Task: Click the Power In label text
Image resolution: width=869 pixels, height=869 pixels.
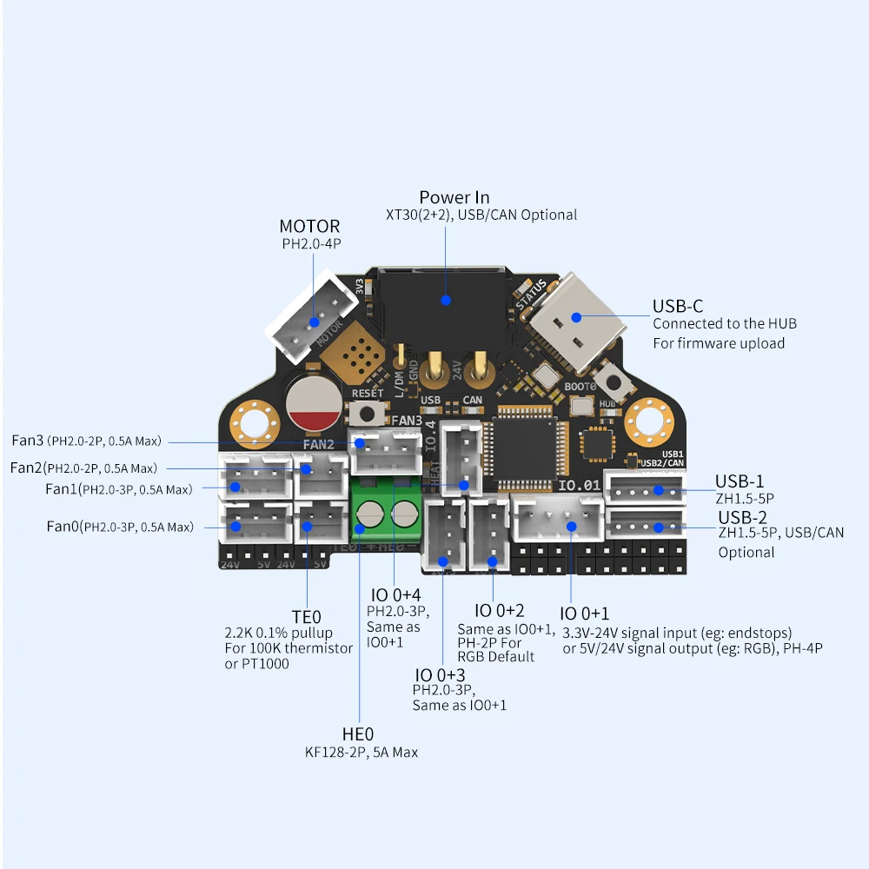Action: click(454, 197)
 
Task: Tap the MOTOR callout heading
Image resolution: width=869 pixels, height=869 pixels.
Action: click(309, 227)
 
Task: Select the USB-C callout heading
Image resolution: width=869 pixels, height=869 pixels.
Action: click(678, 306)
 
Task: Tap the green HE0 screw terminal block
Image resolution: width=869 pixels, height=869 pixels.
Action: click(386, 514)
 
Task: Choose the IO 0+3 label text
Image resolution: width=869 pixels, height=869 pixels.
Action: click(440, 675)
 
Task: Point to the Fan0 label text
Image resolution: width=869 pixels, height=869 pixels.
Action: click(63, 526)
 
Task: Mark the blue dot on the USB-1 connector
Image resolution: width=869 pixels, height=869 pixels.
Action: click(658, 490)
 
